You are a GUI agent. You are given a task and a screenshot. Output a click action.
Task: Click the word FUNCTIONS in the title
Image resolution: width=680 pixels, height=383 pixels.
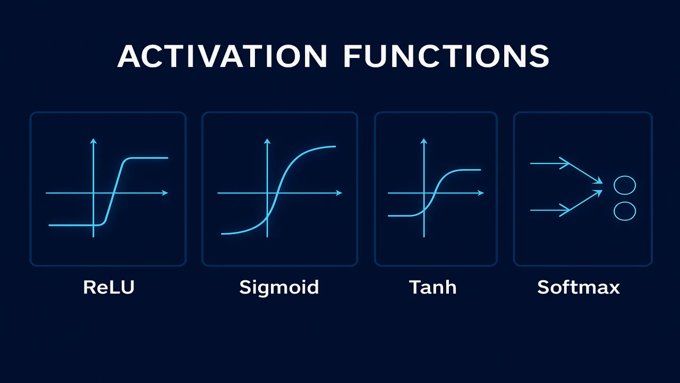coord(446,56)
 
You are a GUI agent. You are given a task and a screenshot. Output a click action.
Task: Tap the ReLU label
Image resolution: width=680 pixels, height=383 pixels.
coord(108,287)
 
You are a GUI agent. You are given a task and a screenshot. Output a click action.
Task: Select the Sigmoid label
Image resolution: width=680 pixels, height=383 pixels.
coord(279,287)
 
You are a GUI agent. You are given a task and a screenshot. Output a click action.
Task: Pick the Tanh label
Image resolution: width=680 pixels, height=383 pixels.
coord(432,287)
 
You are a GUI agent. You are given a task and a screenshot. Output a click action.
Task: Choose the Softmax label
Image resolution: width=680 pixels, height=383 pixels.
coord(579,287)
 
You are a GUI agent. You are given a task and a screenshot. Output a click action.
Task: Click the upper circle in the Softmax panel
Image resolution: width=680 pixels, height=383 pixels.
coord(625,185)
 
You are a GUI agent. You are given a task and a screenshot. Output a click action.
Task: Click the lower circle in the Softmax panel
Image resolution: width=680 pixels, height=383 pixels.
coord(625,211)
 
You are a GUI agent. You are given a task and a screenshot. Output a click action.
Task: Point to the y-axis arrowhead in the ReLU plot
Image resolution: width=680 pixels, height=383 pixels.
coord(93,141)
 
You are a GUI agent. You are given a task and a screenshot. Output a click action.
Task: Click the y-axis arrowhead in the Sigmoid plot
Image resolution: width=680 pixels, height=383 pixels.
coord(267,141)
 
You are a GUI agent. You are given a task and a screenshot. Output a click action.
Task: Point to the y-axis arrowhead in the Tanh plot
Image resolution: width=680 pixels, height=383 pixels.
coord(424,141)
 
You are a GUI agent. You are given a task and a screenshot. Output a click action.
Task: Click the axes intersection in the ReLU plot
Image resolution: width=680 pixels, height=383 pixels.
coord(93,193)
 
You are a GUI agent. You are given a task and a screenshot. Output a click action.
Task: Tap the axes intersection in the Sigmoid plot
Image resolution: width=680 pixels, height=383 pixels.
coord(267,193)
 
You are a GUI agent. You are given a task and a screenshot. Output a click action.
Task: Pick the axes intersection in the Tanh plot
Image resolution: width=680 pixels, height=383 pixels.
coord(424,193)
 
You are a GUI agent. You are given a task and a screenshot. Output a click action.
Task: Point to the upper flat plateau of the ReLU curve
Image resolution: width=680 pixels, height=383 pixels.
coord(146,157)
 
